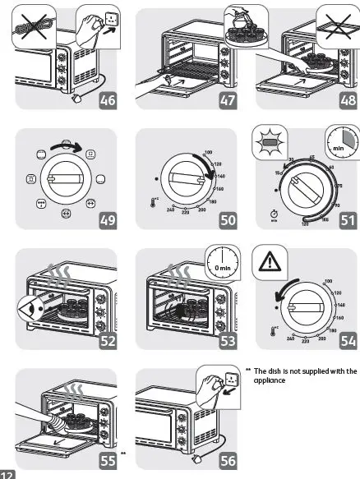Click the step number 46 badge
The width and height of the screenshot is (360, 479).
click(107, 101)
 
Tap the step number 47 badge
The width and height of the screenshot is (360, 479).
click(225, 101)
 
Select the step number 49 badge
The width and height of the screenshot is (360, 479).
click(107, 219)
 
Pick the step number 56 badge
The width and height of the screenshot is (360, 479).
click(225, 460)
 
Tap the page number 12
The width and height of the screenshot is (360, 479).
click(7, 474)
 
